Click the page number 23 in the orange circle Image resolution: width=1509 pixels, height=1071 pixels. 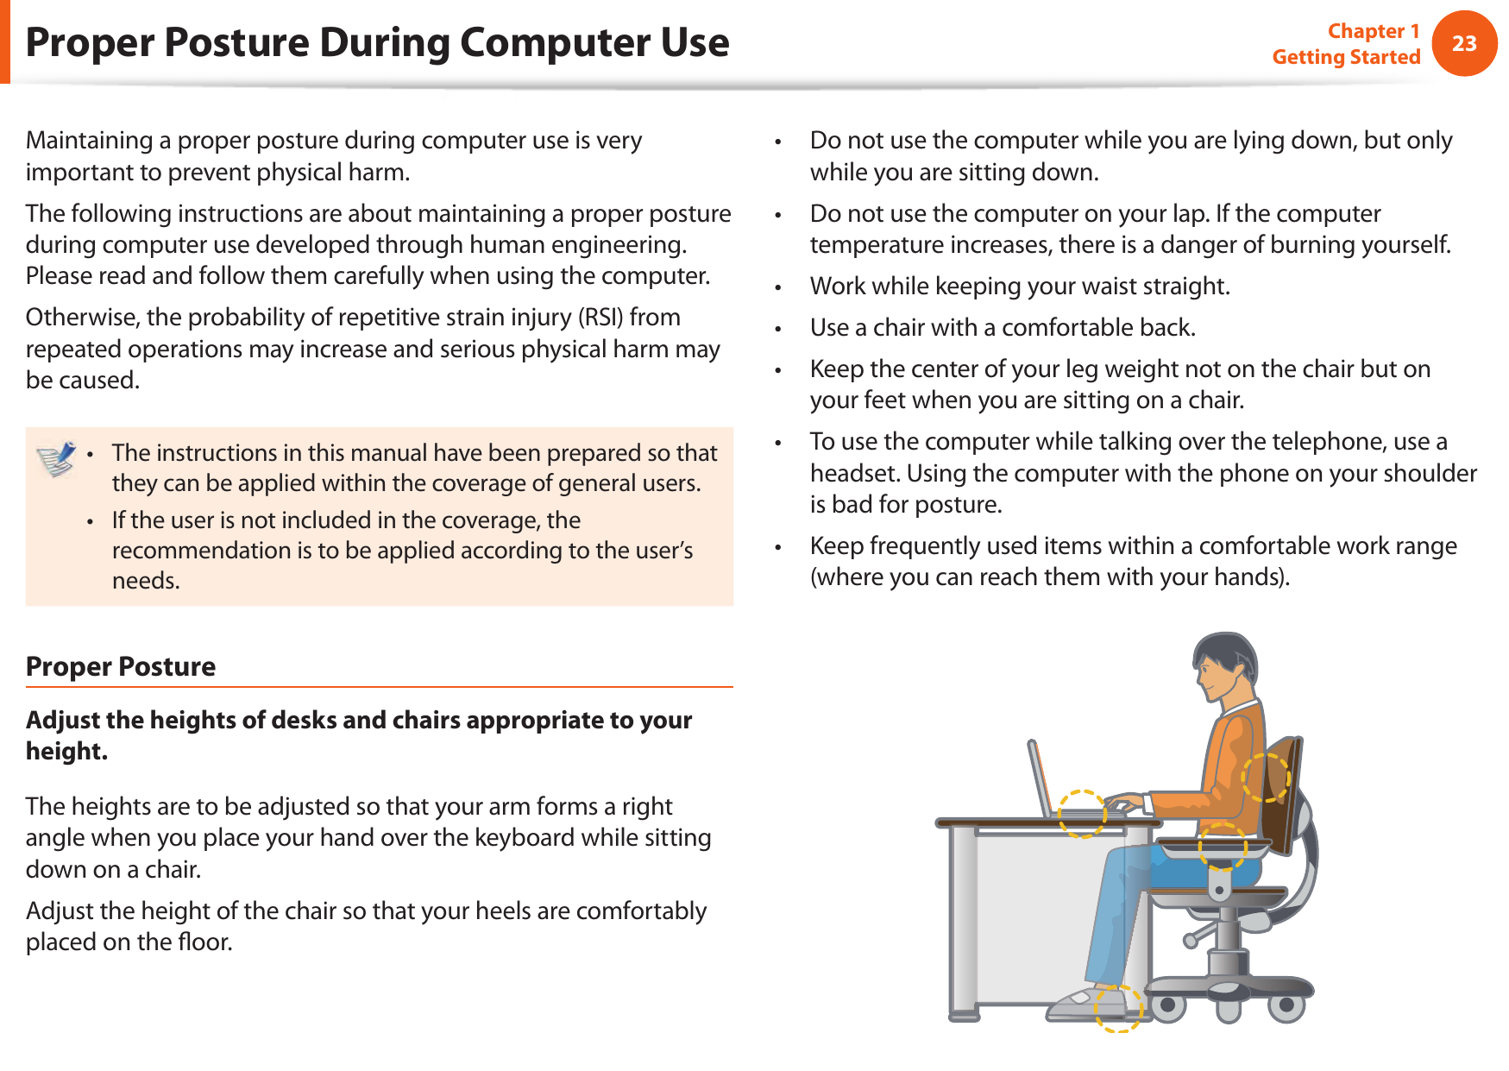point(1463,43)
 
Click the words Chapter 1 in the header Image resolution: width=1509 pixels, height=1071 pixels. point(1373,31)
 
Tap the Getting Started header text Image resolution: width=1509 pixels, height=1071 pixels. point(1345,57)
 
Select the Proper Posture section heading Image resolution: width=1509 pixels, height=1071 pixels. point(121,666)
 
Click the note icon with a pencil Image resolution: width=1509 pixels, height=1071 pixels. point(56,458)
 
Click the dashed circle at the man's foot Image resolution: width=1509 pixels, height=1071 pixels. point(1119,1008)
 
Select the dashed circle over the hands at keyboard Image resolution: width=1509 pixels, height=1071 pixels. point(1082,813)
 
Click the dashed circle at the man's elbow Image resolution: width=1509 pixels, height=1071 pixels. point(1223,846)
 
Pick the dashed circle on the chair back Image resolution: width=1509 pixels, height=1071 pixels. point(1266,777)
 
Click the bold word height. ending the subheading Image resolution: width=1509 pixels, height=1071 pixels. point(66,752)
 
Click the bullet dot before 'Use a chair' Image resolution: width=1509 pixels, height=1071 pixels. point(777,329)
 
